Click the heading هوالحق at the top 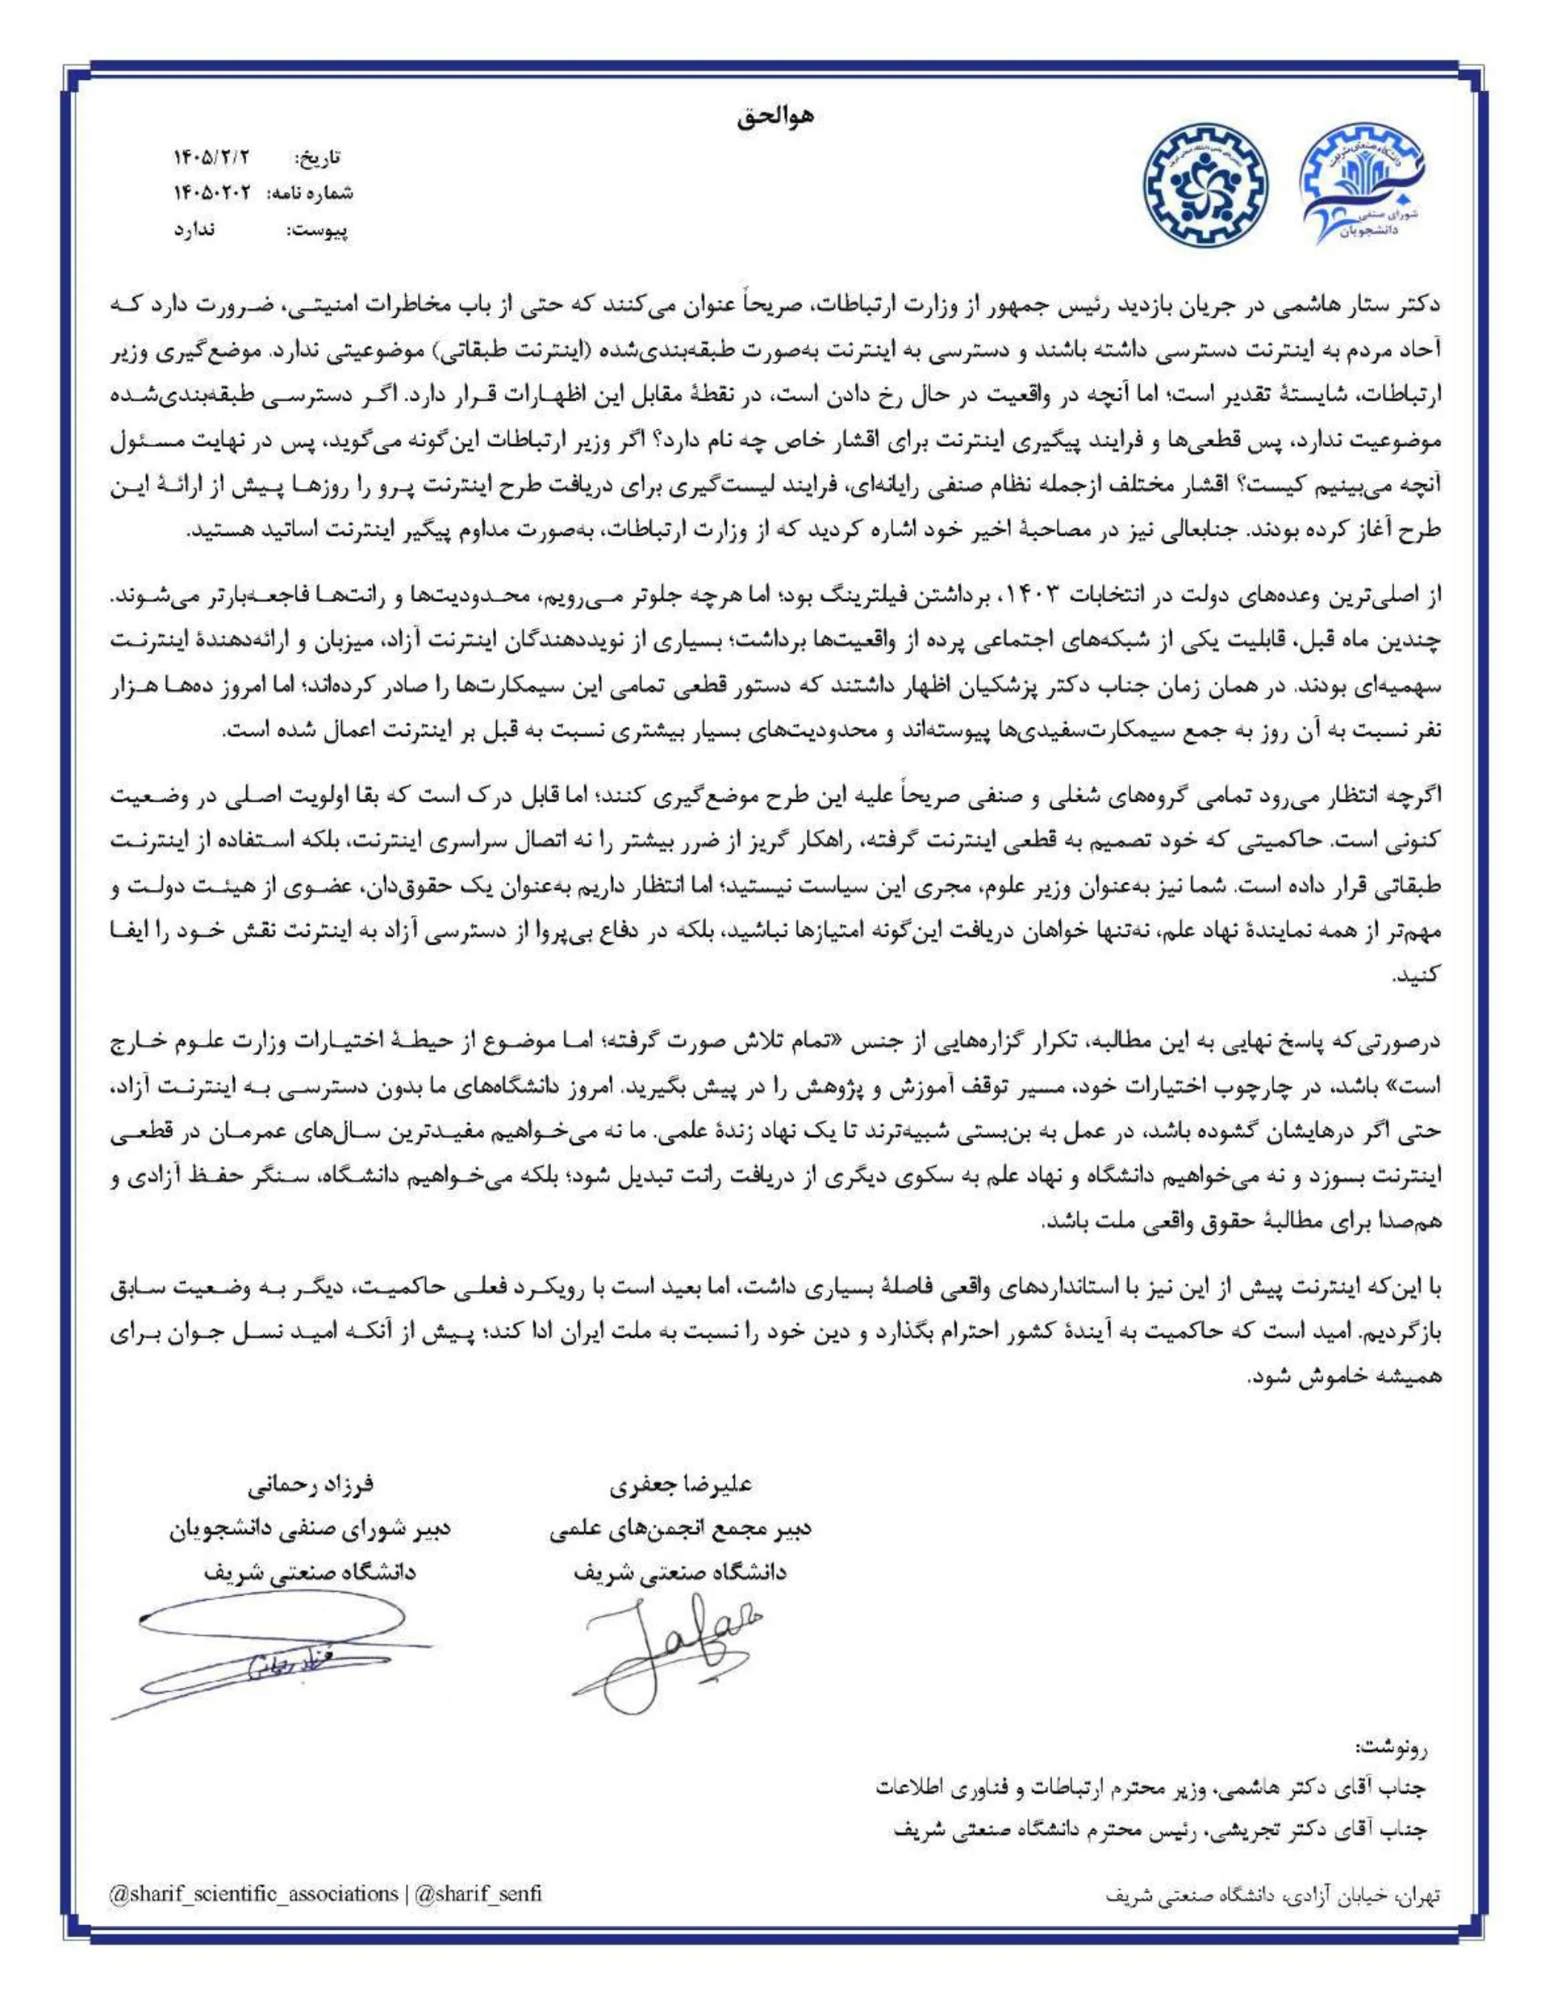point(774,118)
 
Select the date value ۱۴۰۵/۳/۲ point(211,157)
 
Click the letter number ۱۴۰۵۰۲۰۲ point(211,194)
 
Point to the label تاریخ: point(319,158)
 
